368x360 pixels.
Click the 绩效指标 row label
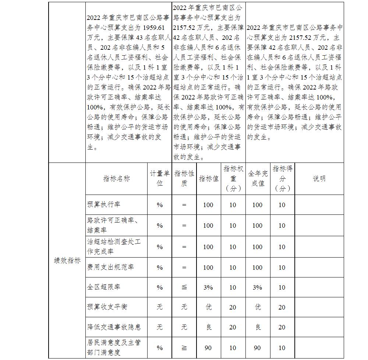[x=67, y=261]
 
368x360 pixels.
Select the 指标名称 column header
[x=116, y=179]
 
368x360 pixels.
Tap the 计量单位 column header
[x=159, y=179]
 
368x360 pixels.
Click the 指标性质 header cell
[x=184, y=179]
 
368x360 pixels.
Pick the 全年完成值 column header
[x=258, y=179]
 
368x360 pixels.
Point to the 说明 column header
[x=319, y=179]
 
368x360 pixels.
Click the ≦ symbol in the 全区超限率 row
[x=184, y=287]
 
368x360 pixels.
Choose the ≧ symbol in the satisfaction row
[x=184, y=347]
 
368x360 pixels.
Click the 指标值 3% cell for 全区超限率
[x=208, y=287]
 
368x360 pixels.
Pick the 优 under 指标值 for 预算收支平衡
[x=209, y=307]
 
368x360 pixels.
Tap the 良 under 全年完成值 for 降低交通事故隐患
[x=258, y=327]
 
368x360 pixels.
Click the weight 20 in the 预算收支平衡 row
[x=233, y=307]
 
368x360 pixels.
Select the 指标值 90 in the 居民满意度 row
[x=208, y=347]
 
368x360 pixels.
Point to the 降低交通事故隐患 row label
[x=114, y=327]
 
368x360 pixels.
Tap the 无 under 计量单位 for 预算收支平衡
[x=159, y=307]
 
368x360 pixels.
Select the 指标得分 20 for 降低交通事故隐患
[x=282, y=327]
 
